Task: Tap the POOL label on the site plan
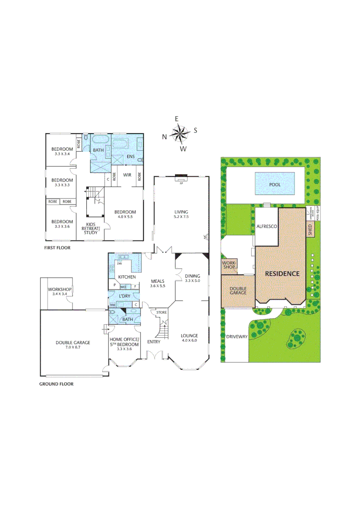point(274,185)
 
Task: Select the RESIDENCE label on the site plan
point(282,273)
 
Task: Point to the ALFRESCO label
point(266,227)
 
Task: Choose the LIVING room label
point(181,212)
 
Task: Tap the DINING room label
point(192,276)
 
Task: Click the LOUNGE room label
point(189,336)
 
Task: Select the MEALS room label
point(157,281)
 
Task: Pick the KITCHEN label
point(127,277)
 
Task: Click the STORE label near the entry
point(162,312)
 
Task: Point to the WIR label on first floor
point(127,175)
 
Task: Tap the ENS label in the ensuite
point(131,156)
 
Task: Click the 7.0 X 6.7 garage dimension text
point(73,348)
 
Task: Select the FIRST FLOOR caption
point(56,247)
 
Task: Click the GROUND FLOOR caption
point(57,384)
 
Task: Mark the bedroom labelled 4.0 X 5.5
point(125,215)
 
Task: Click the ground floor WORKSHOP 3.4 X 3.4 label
point(59,291)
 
